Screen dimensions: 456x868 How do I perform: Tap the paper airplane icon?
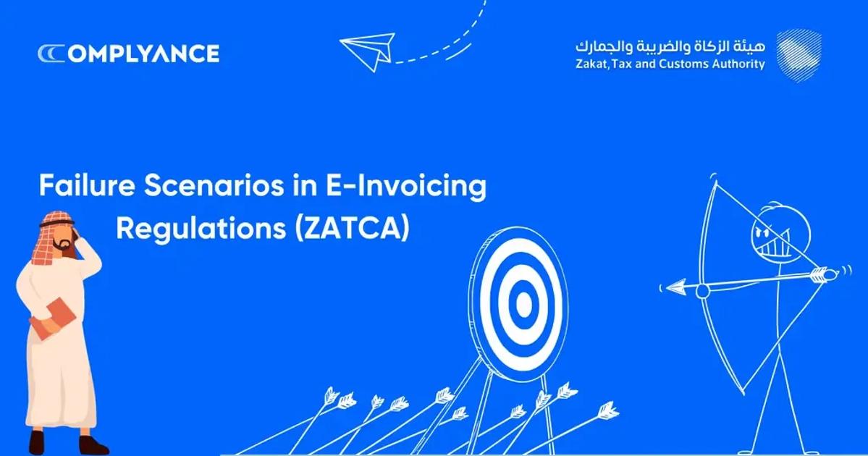click(x=367, y=51)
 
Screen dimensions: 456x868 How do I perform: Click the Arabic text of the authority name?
click(x=670, y=46)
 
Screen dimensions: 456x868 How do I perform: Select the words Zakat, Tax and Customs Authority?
click(x=670, y=64)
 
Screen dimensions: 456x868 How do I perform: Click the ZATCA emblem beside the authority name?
click(x=799, y=54)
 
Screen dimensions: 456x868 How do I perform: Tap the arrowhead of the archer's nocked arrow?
click(x=675, y=288)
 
